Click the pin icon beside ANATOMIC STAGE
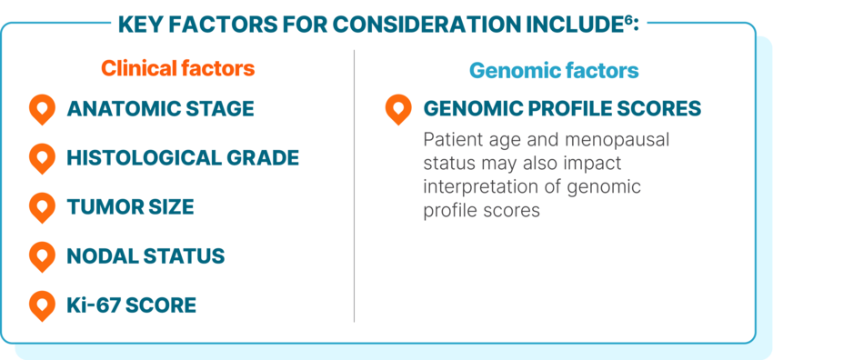pos(42,109)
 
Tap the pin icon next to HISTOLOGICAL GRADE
pos(42,158)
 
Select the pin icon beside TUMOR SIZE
pos(42,207)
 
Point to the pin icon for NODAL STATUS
pos(42,256)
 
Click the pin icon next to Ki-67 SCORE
pos(42,305)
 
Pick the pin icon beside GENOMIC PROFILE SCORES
pos(398,109)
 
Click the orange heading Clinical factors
pos(177,69)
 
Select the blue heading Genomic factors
pos(553,70)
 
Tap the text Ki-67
pos(93,305)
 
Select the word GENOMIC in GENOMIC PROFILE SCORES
pos(467,109)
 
